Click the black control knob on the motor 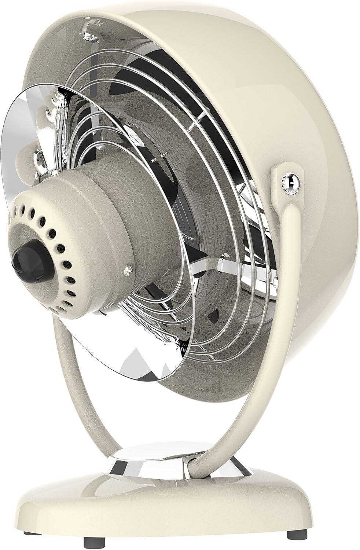tap(29, 253)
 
